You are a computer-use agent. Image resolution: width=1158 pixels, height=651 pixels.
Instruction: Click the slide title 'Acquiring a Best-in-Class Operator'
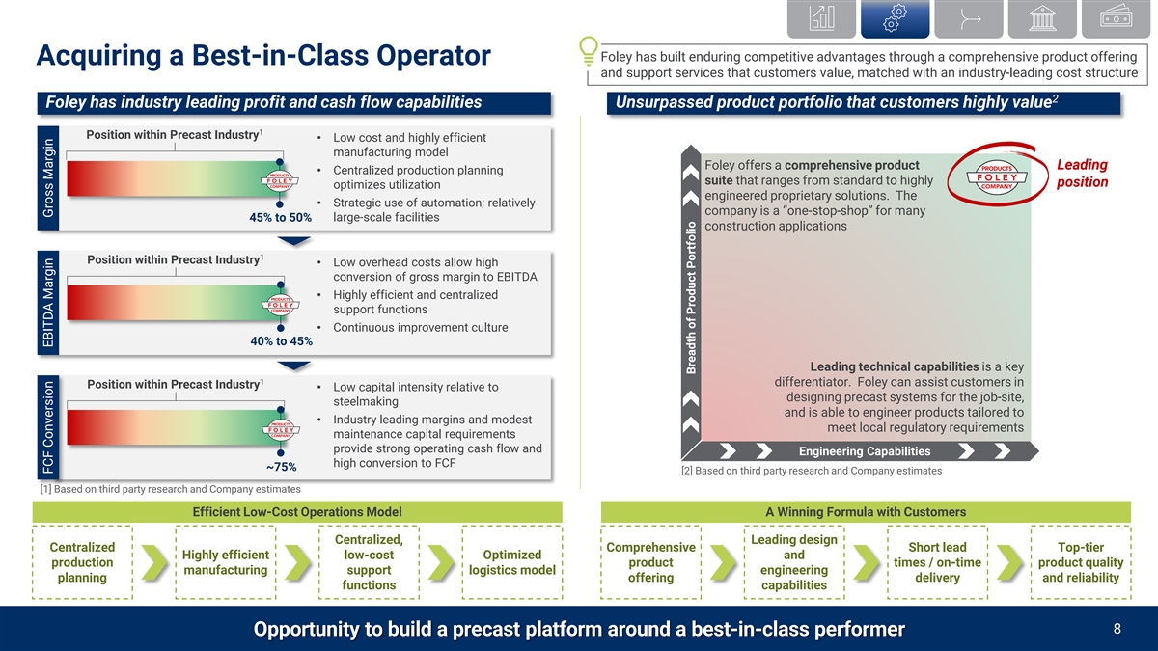coord(262,57)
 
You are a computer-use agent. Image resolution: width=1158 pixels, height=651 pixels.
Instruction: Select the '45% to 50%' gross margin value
coord(280,217)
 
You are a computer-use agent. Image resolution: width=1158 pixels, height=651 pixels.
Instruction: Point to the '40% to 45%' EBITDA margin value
coord(280,340)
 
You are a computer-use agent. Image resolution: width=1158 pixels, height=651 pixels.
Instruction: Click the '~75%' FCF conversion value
coord(280,467)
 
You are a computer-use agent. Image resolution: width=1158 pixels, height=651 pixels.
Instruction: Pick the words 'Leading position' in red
coord(1082,174)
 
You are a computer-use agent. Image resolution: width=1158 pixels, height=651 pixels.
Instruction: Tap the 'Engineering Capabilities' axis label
coord(865,451)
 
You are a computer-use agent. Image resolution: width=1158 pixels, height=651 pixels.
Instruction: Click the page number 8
coord(1117,629)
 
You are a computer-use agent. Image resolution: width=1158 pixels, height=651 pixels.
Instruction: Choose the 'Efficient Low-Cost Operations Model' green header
coord(297,511)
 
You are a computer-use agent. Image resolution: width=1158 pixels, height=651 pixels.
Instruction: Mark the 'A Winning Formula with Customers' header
coord(865,511)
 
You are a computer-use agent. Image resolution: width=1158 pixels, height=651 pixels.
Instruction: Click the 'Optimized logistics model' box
coord(511,562)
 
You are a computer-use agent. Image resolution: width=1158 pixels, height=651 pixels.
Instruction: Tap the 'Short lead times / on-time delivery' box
coord(937,562)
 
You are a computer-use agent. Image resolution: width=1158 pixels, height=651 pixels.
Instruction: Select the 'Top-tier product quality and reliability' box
coord(1080,562)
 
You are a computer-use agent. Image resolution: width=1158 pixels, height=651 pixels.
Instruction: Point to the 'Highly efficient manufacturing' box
coord(225,562)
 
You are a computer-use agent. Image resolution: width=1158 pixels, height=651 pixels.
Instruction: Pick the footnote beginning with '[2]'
coord(811,471)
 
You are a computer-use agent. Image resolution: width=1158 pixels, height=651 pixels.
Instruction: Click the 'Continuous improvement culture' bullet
coord(420,327)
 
